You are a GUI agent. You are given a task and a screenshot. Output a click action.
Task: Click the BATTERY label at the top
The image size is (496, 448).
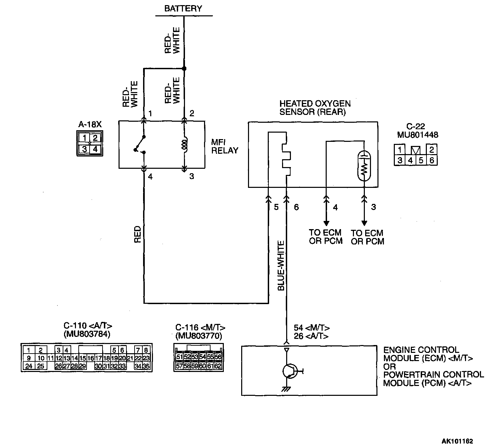(x=183, y=9)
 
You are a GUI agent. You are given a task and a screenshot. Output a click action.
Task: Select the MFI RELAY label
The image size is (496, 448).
(x=224, y=147)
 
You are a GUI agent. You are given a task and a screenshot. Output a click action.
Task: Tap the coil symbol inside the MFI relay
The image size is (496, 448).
(x=184, y=145)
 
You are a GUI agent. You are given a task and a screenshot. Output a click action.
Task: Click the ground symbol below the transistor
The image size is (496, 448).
(x=286, y=389)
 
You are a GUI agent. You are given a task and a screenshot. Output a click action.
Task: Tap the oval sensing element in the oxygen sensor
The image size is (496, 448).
(x=364, y=166)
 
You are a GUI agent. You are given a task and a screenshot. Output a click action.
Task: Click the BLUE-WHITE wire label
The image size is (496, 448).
(x=281, y=266)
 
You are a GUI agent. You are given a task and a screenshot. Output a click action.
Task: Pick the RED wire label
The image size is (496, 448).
(x=137, y=234)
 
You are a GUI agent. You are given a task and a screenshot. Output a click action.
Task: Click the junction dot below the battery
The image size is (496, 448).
(x=184, y=69)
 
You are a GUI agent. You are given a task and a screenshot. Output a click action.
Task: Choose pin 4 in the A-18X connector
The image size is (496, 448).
(x=95, y=149)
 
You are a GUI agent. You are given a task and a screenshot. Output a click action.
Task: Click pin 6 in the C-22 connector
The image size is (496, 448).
(x=432, y=160)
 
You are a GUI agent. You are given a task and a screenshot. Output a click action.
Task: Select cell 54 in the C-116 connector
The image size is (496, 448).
(x=202, y=357)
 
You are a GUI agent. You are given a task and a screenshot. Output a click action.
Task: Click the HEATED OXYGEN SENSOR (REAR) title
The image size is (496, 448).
(x=314, y=108)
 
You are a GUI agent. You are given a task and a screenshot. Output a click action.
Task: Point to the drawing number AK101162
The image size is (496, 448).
(x=457, y=441)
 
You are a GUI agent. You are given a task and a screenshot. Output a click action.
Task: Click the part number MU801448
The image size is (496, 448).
(x=418, y=135)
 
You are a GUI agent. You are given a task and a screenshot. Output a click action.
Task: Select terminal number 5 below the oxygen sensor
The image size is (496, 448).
(x=276, y=207)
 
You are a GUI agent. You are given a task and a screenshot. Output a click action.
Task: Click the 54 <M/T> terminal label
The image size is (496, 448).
(x=311, y=328)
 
